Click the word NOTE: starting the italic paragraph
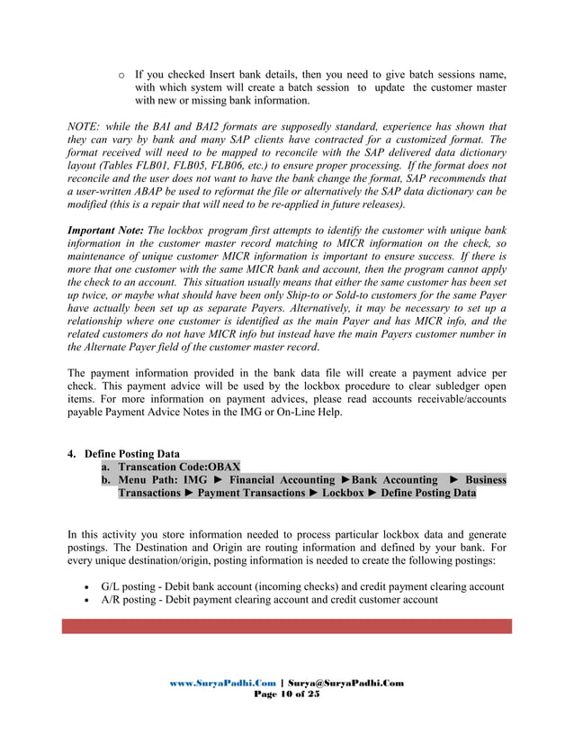85,126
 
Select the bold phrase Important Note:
105,231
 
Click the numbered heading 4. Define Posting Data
124,453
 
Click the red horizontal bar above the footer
286,626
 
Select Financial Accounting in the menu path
275,480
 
